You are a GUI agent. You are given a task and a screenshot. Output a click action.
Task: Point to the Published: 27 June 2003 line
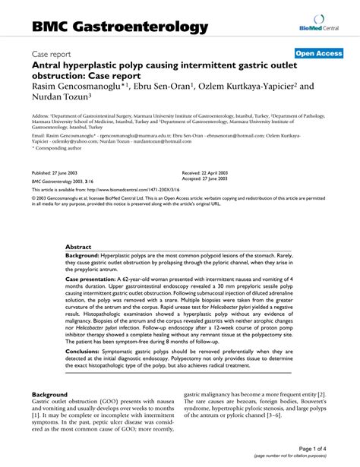tap(64, 172)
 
